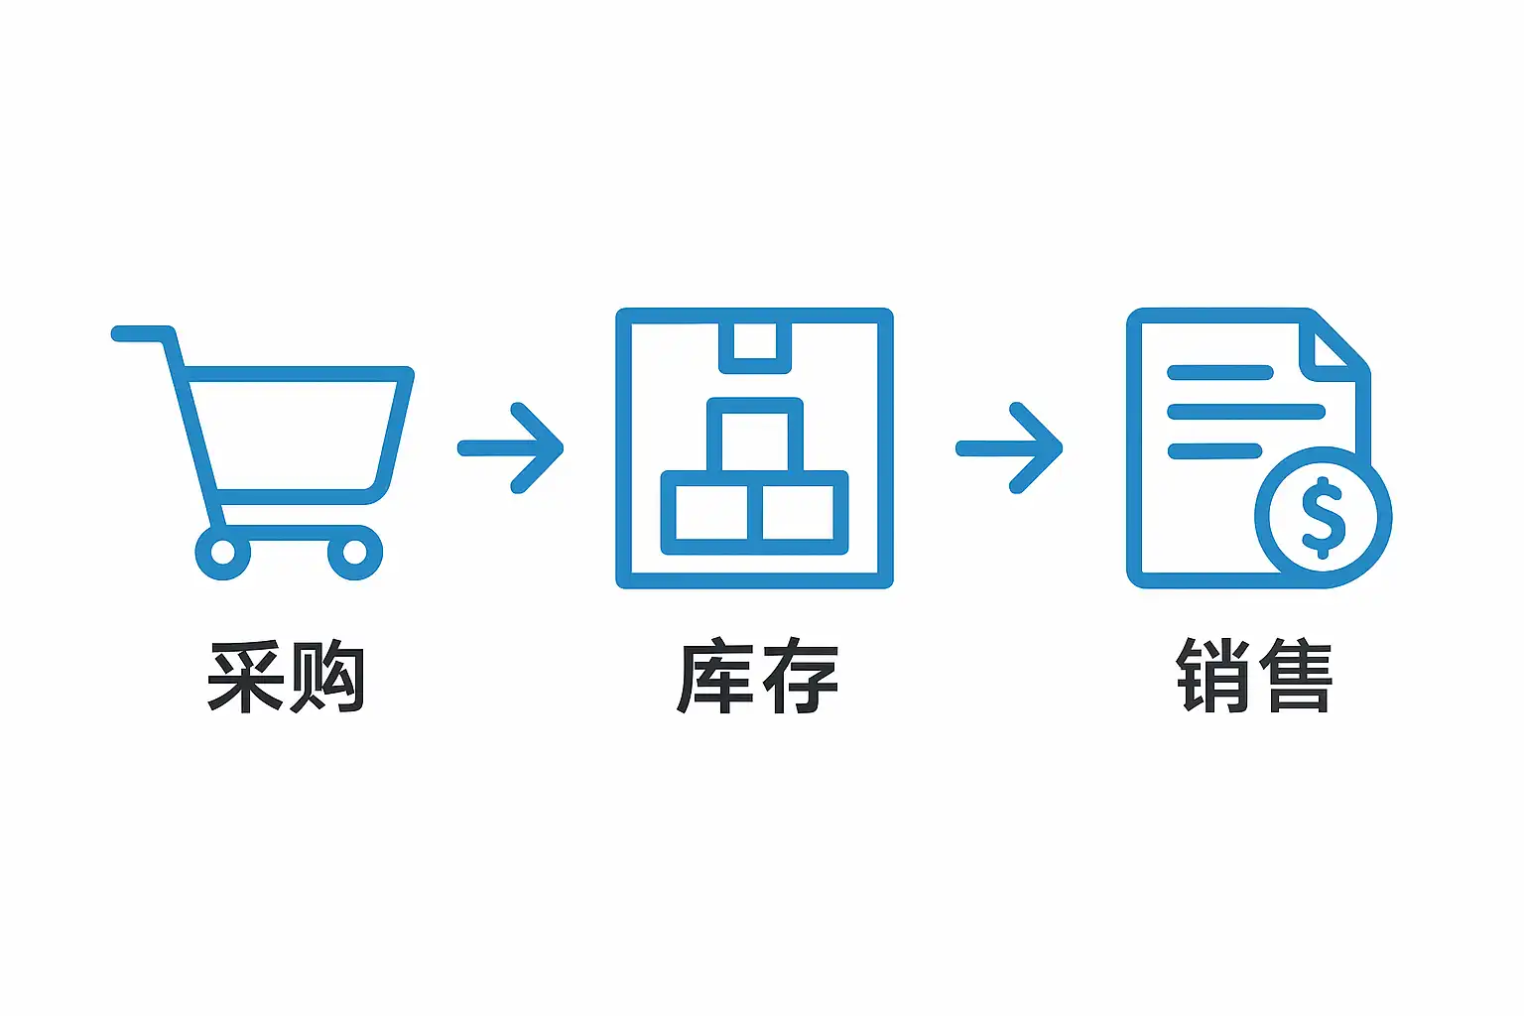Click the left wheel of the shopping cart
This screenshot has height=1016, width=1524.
[222, 552]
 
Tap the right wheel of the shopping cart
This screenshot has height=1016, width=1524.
[354, 552]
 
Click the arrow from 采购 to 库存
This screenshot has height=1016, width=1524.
[511, 448]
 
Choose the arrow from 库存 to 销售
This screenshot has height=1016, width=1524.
[1009, 448]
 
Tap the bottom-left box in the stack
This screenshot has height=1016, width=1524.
[710, 512]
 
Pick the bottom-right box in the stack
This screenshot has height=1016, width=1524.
[799, 512]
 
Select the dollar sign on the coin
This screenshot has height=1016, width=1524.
[1323, 517]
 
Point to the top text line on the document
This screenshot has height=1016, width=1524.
[1219, 373]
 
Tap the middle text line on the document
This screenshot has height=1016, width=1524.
[1245, 412]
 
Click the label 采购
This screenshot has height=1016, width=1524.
[286, 678]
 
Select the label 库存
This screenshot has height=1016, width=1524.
[757, 678]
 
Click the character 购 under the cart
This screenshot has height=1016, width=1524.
[325, 678]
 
